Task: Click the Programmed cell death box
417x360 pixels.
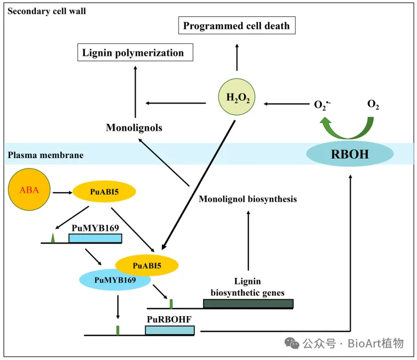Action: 236,26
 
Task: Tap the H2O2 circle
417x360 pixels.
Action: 236,98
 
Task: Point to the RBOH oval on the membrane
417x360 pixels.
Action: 350,154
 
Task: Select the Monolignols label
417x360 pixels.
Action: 134,127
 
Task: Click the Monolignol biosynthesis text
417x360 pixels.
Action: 248,199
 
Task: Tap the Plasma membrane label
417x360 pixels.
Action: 46,155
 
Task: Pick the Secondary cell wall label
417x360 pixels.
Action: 47,11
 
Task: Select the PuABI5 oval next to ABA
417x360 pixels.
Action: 105,193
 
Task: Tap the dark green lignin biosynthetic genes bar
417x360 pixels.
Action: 248,304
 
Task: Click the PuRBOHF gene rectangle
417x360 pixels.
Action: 170,330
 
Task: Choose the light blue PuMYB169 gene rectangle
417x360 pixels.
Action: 95,238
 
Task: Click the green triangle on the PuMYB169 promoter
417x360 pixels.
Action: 53,237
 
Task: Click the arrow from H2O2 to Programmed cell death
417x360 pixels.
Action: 237,57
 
